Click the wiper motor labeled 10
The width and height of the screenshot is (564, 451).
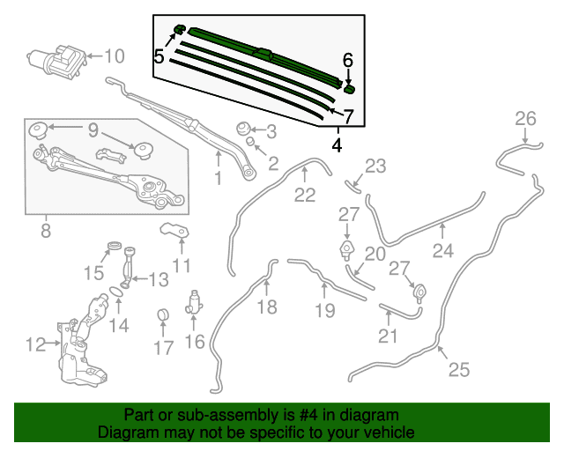pyautogui.click(x=57, y=62)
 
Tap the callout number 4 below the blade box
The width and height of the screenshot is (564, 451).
pyautogui.click(x=337, y=145)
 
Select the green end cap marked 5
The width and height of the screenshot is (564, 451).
pyautogui.click(x=180, y=29)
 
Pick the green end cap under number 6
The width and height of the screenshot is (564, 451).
pyautogui.click(x=349, y=89)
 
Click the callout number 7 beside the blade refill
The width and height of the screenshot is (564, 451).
pyautogui.click(x=348, y=116)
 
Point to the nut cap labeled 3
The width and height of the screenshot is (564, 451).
pyautogui.click(x=243, y=129)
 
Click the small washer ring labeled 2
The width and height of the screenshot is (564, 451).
pyautogui.click(x=250, y=140)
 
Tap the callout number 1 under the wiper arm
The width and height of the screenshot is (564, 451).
pyautogui.click(x=218, y=178)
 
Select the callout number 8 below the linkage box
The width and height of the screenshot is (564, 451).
pyautogui.click(x=46, y=231)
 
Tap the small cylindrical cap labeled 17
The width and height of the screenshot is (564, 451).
pyautogui.click(x=163, y=314)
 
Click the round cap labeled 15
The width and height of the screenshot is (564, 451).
pyautogui.click(x=115, y=247)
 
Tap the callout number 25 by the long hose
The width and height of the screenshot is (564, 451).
pyautogui.click(x=459, y=369)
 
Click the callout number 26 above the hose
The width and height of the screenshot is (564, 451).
pyautogui.click(x=525, y=119)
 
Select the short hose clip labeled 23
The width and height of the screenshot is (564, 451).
pyautogui.click(x=353, y=187)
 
